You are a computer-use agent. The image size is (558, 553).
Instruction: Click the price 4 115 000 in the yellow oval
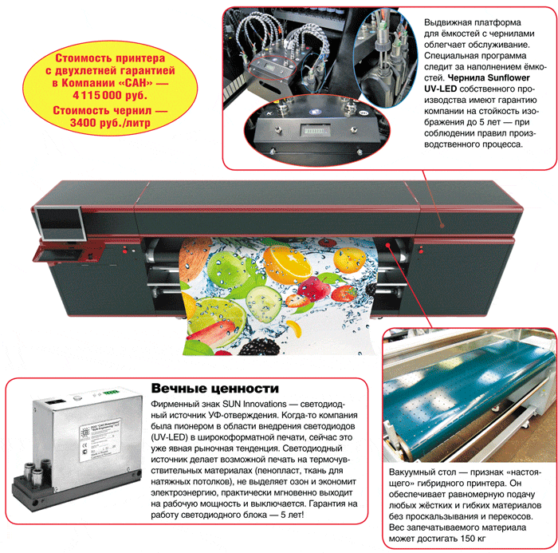(96, 95)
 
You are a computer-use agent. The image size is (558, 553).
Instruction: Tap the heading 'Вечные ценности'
(215, 388)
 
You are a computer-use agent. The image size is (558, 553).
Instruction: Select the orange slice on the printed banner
(287, 263)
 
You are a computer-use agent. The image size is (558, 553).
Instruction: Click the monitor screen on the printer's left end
(60, 223)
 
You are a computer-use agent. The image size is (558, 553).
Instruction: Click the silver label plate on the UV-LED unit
(100, 440)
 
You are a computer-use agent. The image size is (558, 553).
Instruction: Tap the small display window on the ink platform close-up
(314, 130)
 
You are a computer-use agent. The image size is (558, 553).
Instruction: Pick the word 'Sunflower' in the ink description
(509, 78)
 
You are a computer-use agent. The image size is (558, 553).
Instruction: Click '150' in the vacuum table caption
(468, 539)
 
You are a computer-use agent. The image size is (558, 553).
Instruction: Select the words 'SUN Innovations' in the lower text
(254, 404)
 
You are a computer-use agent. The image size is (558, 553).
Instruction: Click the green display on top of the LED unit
(110, 393)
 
